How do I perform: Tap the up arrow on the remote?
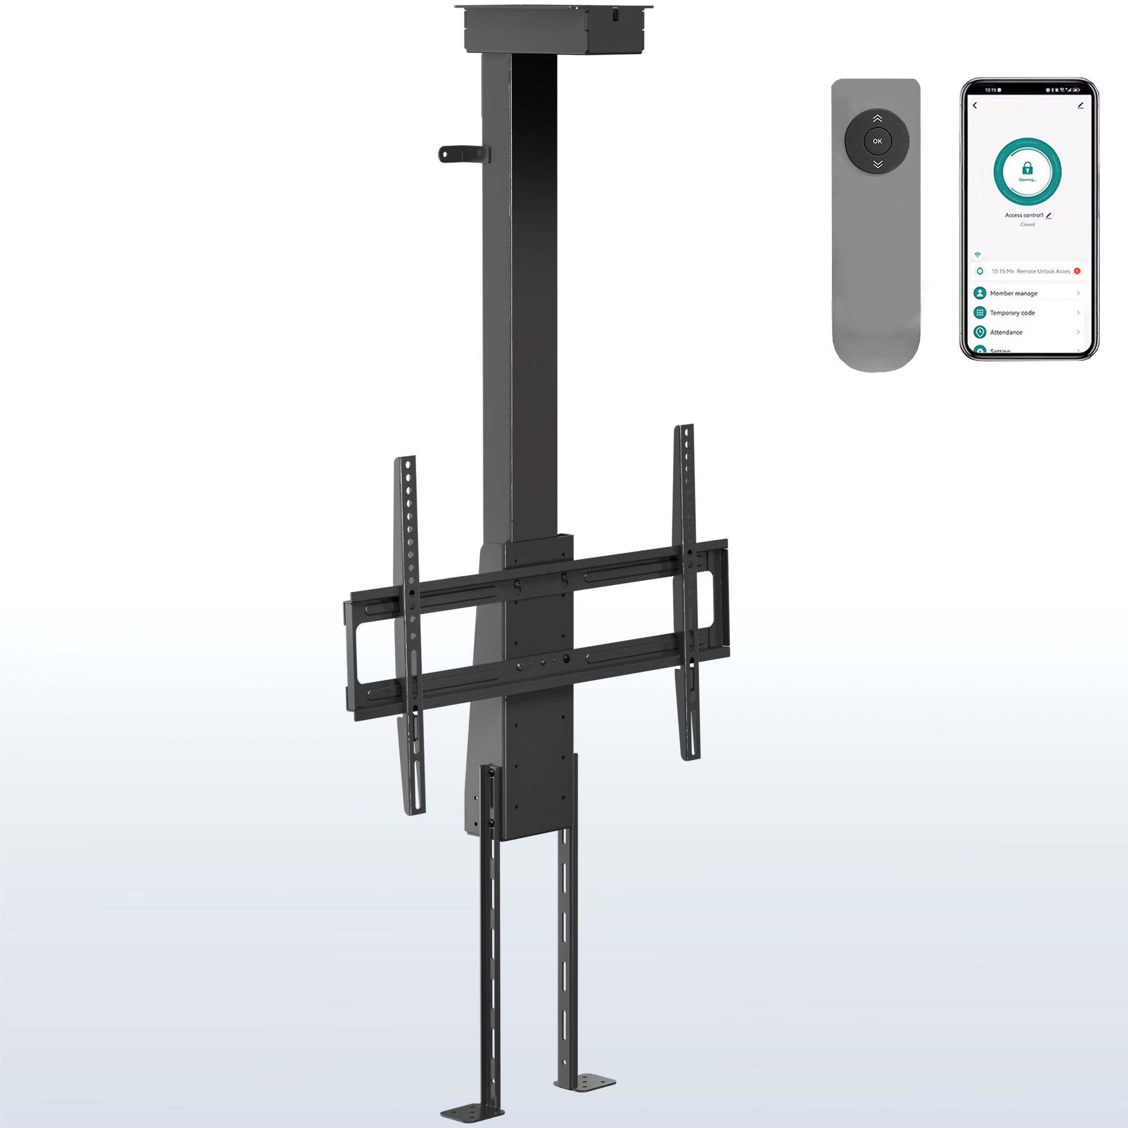coord(877,118)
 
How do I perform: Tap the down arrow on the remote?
coord(877,165)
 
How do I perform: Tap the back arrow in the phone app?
coord(975,105)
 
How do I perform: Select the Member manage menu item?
coord(1014,293)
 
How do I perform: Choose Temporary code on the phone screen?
coord(1012,313)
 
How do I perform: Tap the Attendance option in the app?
coord(1006,332)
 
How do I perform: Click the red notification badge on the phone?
coord(1077,271)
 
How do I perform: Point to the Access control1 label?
coord(1024,215)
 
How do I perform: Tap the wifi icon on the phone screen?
coord(977,255)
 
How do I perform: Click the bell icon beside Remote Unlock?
coord(980,271)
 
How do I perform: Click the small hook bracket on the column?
coord(462,153)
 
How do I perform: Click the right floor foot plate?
coord(587,1082)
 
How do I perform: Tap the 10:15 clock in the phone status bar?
coord(991,90)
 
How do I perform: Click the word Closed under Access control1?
coord(1027,225)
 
